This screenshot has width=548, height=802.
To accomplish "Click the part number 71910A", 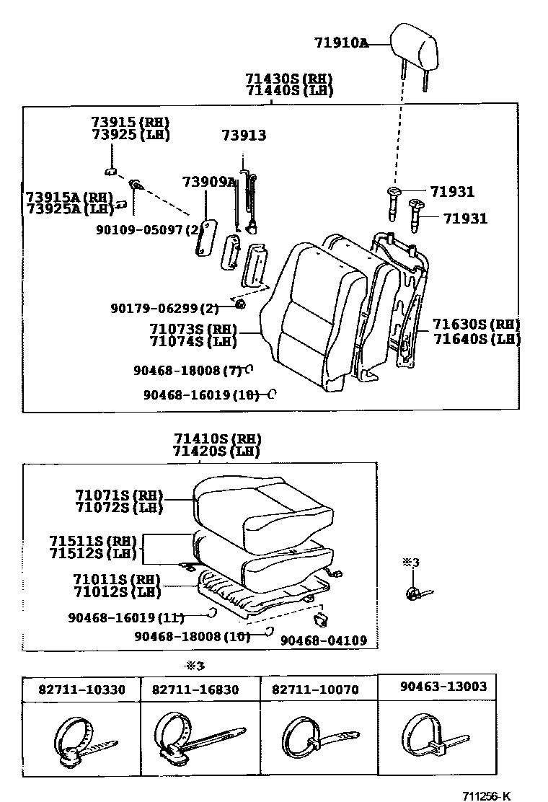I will pyautogui.click(x=341, y=43).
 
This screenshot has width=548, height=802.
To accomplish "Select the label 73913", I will pyautogui.click(x=244, y=135).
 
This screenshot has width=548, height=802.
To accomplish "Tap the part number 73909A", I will pyautogui.click(x=209, y=182).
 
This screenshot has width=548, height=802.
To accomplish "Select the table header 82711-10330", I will pyautogui.click(x=81, y=689).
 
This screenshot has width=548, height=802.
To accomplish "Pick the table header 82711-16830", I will pyautogui.click(x=195, y=689).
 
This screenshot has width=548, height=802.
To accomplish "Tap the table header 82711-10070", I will pyautogui.click(x=315, y=689).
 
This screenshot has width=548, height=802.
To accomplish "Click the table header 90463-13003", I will pyautogui.click(x=443, y=686).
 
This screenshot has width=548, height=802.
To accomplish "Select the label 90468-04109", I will pyautogui.click(x=323, y=640).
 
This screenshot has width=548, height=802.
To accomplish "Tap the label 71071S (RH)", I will pyautogui.click(x=119, y=495).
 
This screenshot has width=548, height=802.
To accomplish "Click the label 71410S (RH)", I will pyautogui.click(x=216, y=439).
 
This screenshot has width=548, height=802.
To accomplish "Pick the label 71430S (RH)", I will pyautogui.click(x=288, y=79).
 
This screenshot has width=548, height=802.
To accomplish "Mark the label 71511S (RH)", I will pyautogui.click(x=94, y=541).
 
